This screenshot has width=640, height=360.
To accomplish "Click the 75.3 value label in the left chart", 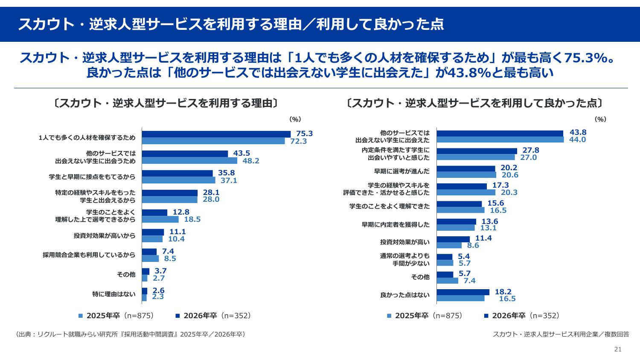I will pyautogui.click(x=304, y=134).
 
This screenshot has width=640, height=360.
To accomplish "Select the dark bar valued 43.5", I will pyautogui.click(x=185, y=154).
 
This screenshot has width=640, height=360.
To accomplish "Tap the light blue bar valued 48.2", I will pyautogui.click(x=189, y=161).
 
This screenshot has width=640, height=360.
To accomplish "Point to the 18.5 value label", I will pyautogui.click(x=192, y=220).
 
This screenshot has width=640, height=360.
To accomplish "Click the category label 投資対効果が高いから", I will pyautogui.click(x=104, y=235).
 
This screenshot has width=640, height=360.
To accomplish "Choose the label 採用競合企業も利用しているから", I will pyautogui.click(x=89, y=255).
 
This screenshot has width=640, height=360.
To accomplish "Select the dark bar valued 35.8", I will pyautogui.click(x=177, y=173).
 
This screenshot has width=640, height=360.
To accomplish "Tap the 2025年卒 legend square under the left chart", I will pyautogui.click(x=80, y=316).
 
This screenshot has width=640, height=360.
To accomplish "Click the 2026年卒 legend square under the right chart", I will pyautogui.click(x=486, y=316).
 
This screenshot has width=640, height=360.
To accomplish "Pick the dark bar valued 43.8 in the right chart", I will pyautogui.click(x=500, y=134).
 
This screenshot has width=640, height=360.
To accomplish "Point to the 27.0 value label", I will pyautogui.click(x=528, y=157).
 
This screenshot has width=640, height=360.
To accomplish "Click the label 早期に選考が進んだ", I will pyautogui.click(x=401, y=171).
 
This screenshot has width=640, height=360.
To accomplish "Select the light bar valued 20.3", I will pyautogui.click(x=466, y=192).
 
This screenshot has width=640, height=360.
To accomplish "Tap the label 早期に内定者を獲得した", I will pyautogui.click(x=396, y=224).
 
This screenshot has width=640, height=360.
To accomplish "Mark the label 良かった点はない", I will pyautogui.click(x=404, y=295).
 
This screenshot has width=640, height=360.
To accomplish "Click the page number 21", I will pyautogui.click(x=618, y=349).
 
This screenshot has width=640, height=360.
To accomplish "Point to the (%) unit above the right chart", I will pyautogui.click(x=600, y=120).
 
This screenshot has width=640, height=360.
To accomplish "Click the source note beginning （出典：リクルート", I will pyautogui.click(x=130, y=334).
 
